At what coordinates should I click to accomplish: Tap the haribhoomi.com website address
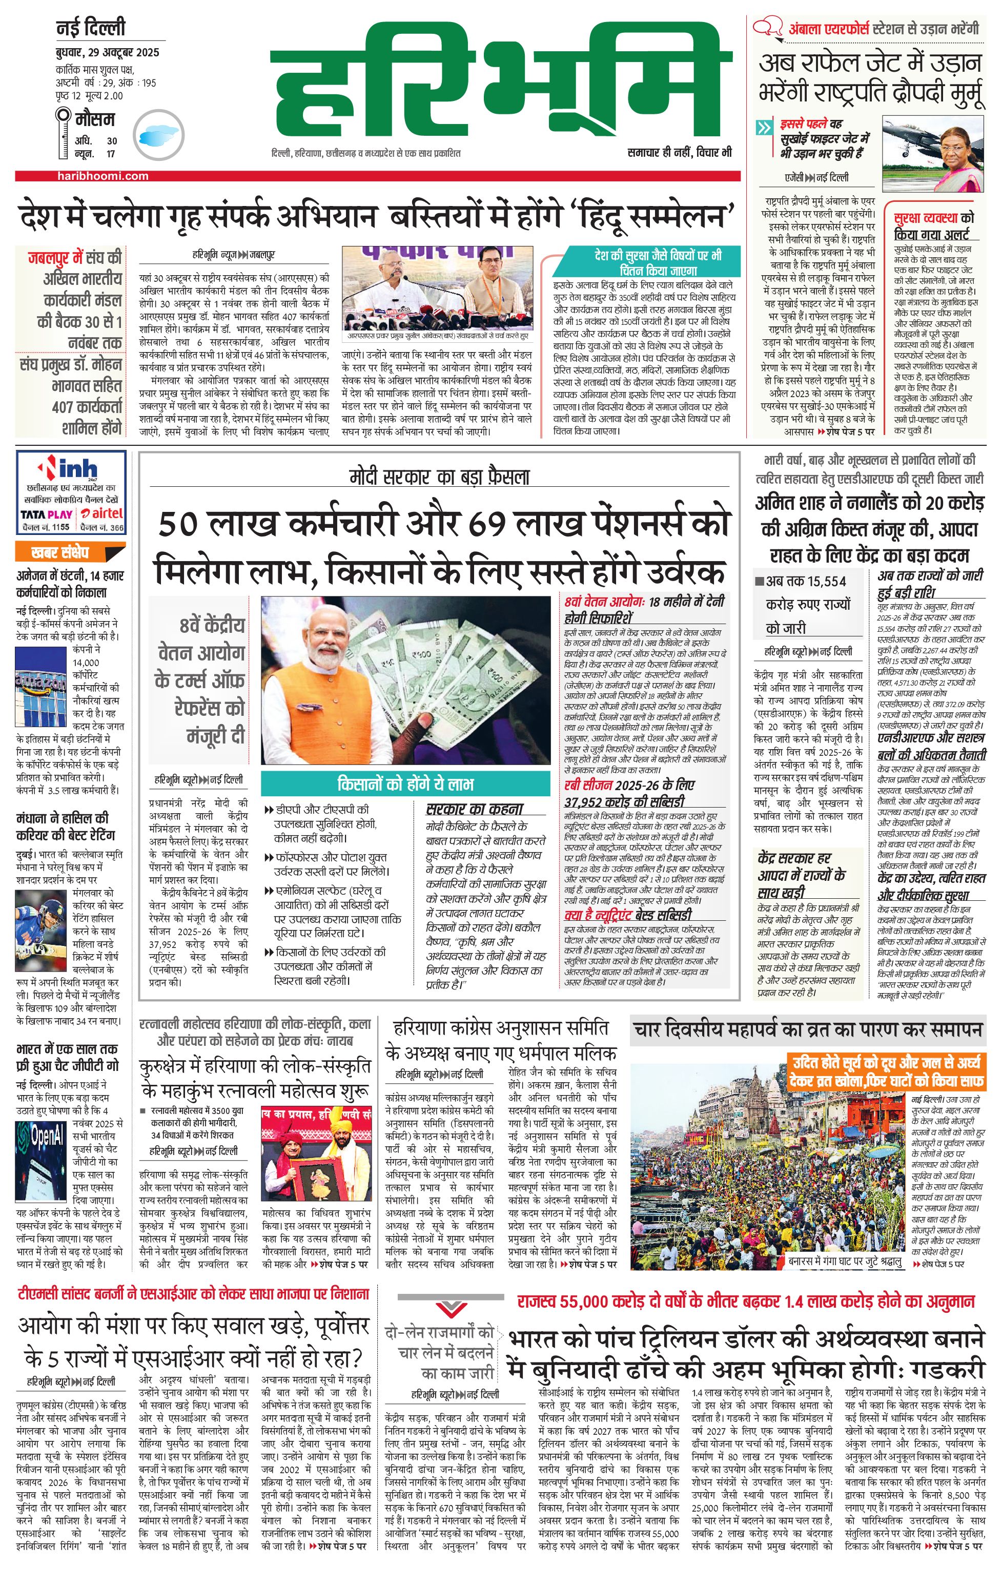click(103, 176)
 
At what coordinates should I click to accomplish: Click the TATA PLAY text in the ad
click(46, 514)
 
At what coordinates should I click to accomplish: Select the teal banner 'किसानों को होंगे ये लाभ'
click(405, 784)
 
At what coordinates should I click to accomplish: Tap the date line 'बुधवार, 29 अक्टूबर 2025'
click(108, 53)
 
